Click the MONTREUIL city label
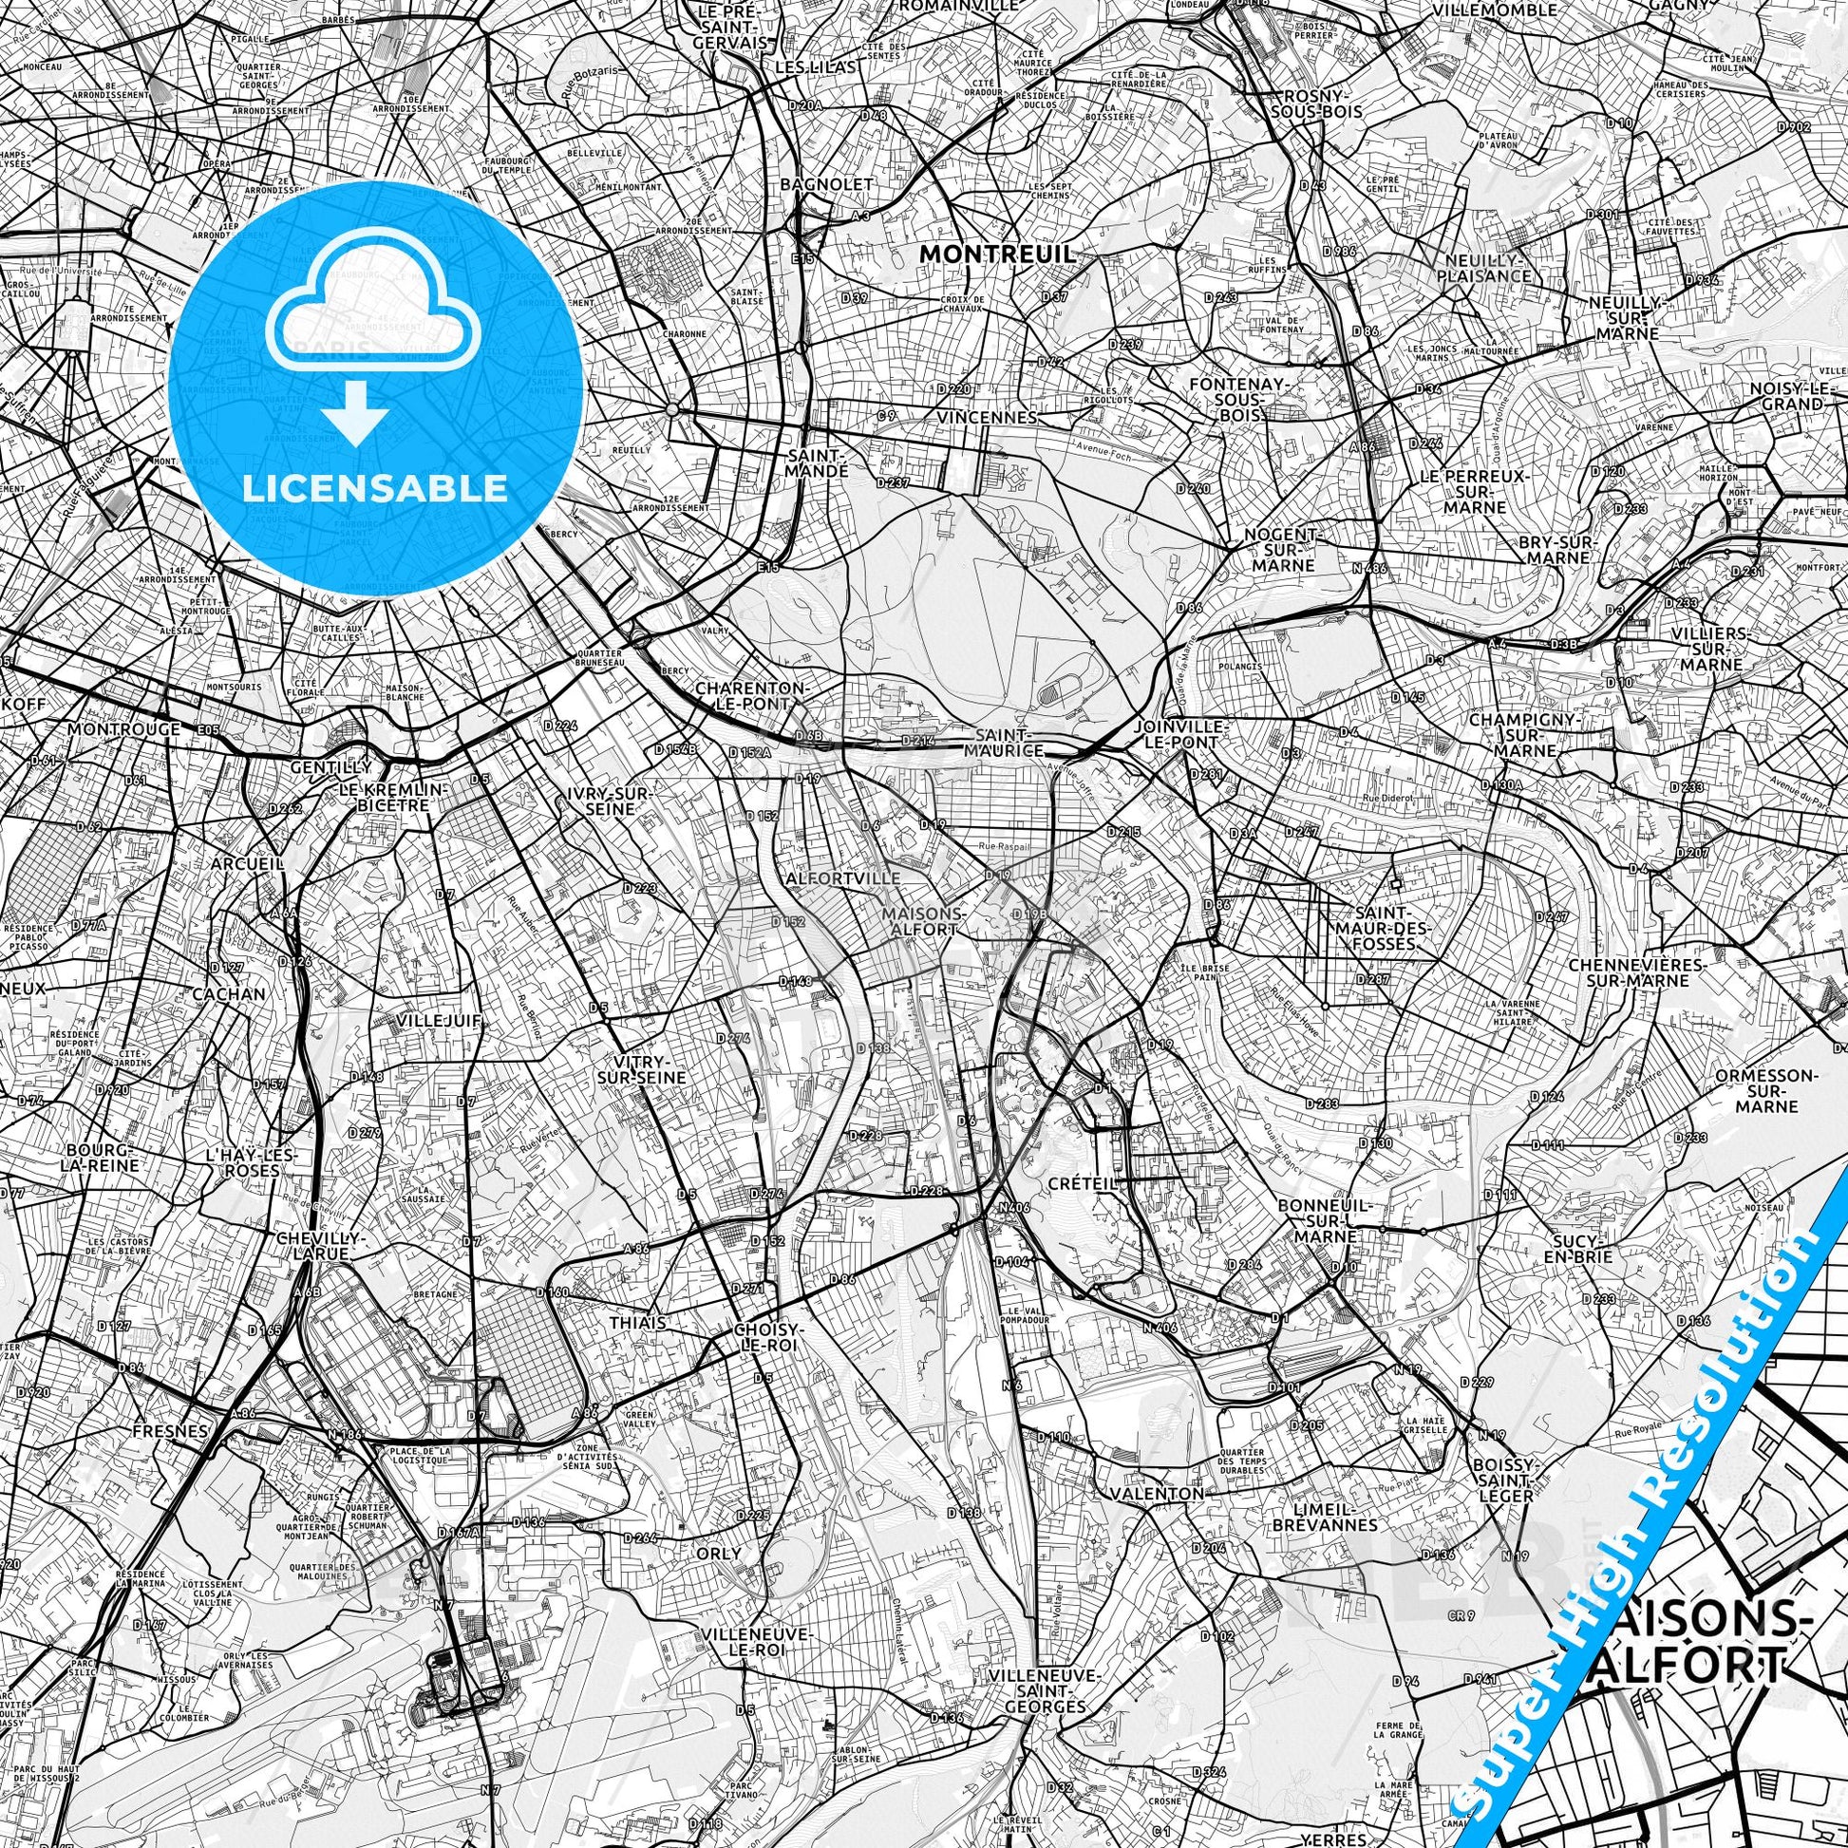(997, 254)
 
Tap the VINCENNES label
(986, 418)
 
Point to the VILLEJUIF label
(439, 1022)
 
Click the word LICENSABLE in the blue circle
(375, 489)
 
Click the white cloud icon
(374, 297)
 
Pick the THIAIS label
(637, 1323)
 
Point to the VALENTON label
(1157, 1493)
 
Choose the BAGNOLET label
(812, 183)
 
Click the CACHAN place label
(229, 994)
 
